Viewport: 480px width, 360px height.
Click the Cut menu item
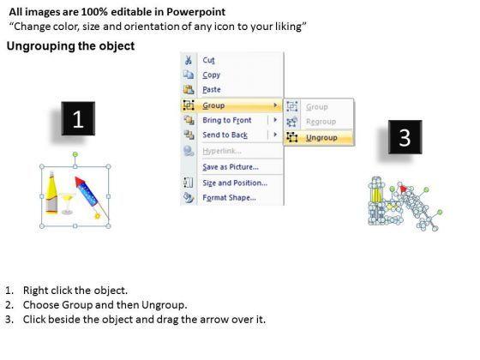[x=208, y=60]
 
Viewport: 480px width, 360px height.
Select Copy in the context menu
[x=211, y=75]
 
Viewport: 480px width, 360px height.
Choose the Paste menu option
[x=212, y=90]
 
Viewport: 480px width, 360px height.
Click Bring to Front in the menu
[x=227, y=120]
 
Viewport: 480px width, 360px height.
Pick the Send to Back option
[x=225, y=135]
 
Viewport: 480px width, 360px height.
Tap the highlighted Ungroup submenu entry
[x=321, y=138]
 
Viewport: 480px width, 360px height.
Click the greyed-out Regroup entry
[x=321, y=122]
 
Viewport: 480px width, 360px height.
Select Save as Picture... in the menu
[x=231, y=167]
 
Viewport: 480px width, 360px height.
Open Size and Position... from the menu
[x=235, y=183]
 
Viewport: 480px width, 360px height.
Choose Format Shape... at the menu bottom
[x=230, y=198]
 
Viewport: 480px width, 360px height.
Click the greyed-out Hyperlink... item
[x=222, y=151]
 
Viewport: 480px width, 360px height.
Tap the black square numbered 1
[x=78, y=118]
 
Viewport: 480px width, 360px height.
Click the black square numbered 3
[x=405, y=137]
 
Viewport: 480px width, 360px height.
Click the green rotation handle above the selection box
[x=75, y=154]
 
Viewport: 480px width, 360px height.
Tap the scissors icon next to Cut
[x=189, y=60]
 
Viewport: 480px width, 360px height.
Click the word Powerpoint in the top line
[x=196, y=12]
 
